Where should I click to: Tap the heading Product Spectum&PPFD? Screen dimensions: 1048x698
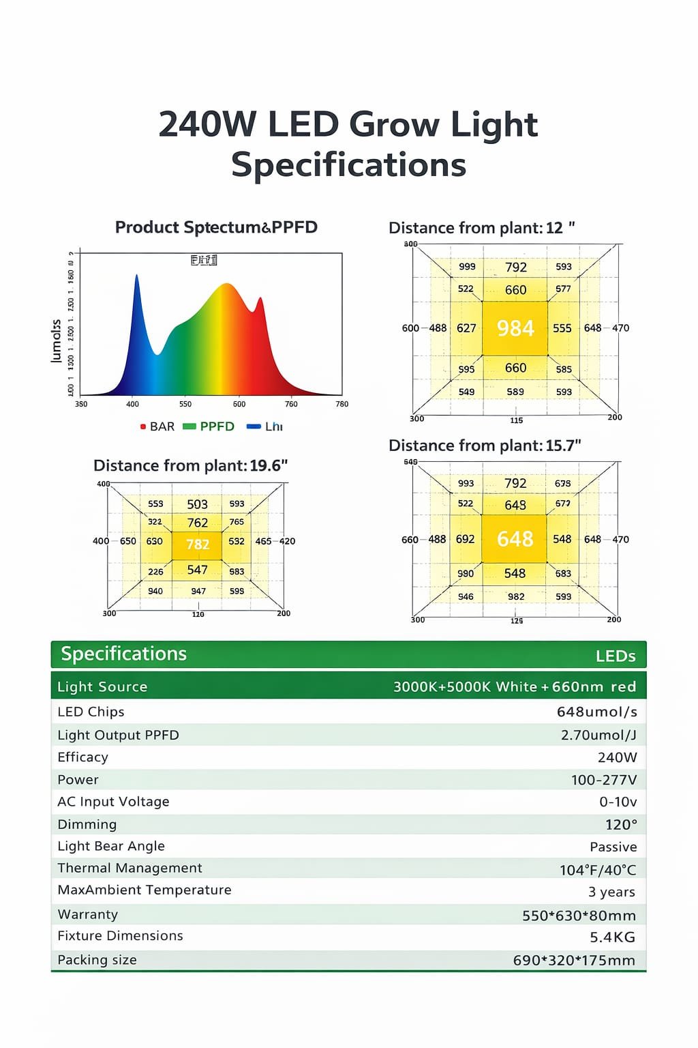pyautogui.click(x=216, y=227)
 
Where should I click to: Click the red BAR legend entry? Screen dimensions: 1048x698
pyautogui.click(x=157, y=426)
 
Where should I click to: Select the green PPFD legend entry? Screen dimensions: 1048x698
pyautogui.click(x=209, y=426)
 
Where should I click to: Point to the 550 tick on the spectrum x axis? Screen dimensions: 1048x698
pyautogui.click(x=185, y=404)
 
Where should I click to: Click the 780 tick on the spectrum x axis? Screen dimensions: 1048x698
pyautogui.click(x=342, y=404)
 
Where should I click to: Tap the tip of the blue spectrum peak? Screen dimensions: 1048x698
pyautogui.click(x=136, y=276)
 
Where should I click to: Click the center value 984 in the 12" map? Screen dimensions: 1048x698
pyautogui.click(x=515, y=328)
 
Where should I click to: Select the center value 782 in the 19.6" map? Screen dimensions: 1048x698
pyautogui.click(x=198, y=544)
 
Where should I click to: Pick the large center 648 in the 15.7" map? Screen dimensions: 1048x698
pyautogui.click(x=515, y=539)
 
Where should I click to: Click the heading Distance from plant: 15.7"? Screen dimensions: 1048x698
pyautogui.click(x=485, y=446)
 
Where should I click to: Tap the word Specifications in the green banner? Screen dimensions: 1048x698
pyautogui.click(x=124, y=654)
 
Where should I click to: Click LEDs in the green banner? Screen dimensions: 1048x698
pyautogui.click(x=616, y=656)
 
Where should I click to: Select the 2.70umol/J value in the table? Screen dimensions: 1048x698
pyautogui.click(x=598, y=735)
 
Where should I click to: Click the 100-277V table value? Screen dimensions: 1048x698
pyautogui.click(x=604, y=780)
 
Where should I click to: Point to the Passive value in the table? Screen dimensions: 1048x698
pyautogui.click(x=613, y=847)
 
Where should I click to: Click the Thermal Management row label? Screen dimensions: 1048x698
pyautogui.click(x=130, y=868)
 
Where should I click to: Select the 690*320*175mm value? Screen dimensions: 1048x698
pyautogui.click(x=574, y=961)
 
